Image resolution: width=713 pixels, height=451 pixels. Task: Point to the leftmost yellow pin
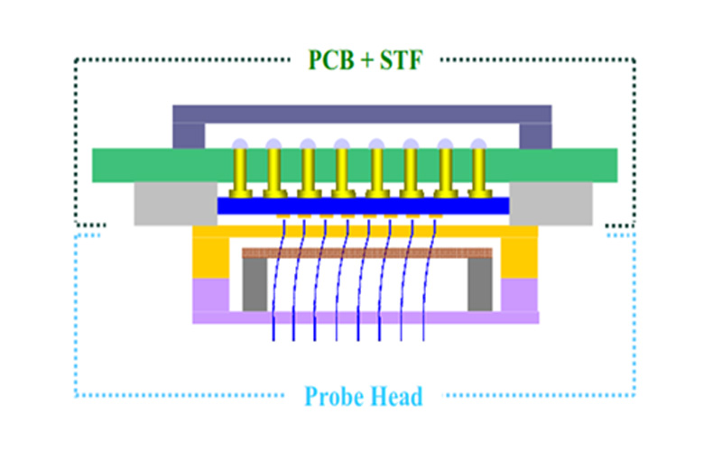click(x=240, y=171)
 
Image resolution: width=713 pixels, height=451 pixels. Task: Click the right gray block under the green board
click(x=551, y=203)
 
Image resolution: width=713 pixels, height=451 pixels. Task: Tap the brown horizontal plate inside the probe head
click(x=366, y=253)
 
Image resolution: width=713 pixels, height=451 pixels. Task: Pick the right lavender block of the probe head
click(x=519, y=294)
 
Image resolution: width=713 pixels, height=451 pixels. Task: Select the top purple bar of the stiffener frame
click(x=361, y=114)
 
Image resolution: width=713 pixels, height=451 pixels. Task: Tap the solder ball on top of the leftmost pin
click(x=239, y=143)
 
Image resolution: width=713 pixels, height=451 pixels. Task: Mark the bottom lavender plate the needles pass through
click(x=366, y=318)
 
